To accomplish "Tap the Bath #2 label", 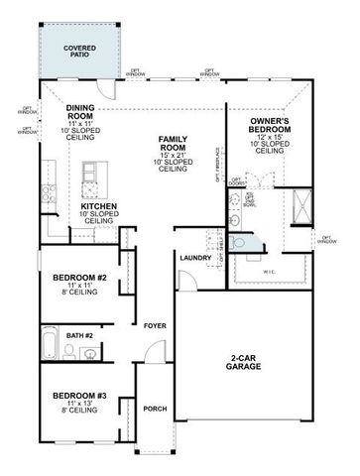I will pyautogui.click(x=81, y=336).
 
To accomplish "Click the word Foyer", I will pyautogui.click(x=154, y=326).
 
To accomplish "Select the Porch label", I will pyautogui.click(x=154, y=408).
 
